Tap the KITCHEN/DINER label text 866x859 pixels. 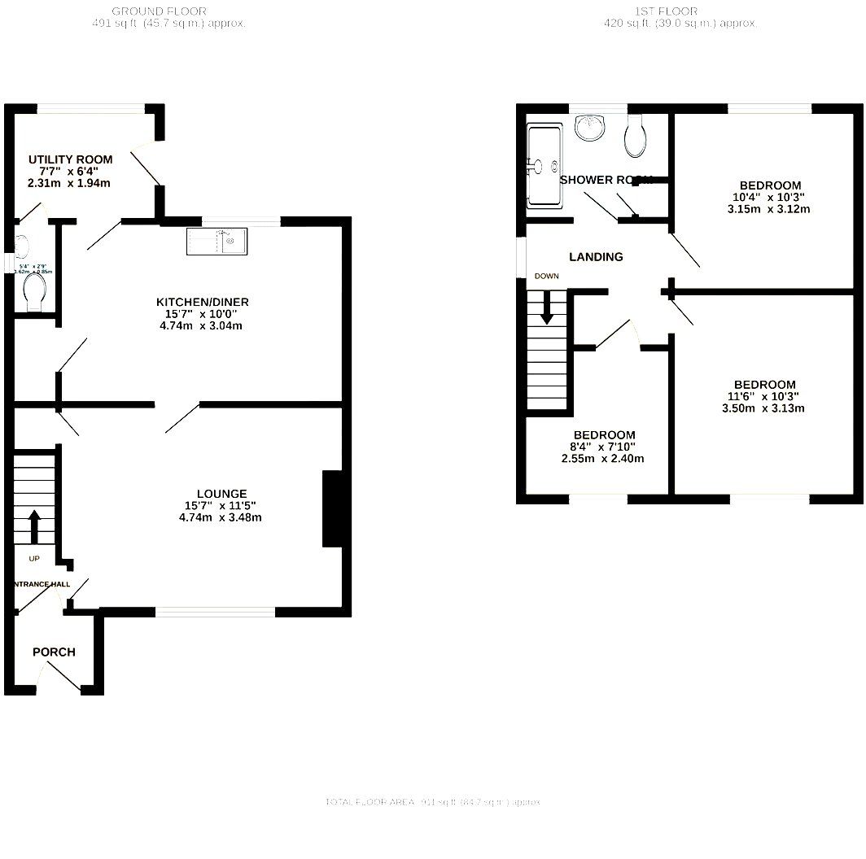coord(203,302)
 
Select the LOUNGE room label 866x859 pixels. coord(221,493)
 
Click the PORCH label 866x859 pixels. coord(54,652)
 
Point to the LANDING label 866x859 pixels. coord(596,256)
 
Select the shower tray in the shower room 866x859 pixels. coord(544,166)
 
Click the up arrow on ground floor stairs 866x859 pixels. coord(34,527)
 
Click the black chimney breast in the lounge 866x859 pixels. coord(333,508)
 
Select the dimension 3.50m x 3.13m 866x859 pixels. coord(763,408)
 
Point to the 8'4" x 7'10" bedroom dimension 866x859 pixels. coord(603,447)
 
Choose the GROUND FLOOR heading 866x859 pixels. coord(159,11)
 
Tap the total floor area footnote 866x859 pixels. coord(433,802)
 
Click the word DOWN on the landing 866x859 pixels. coord(547,276)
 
